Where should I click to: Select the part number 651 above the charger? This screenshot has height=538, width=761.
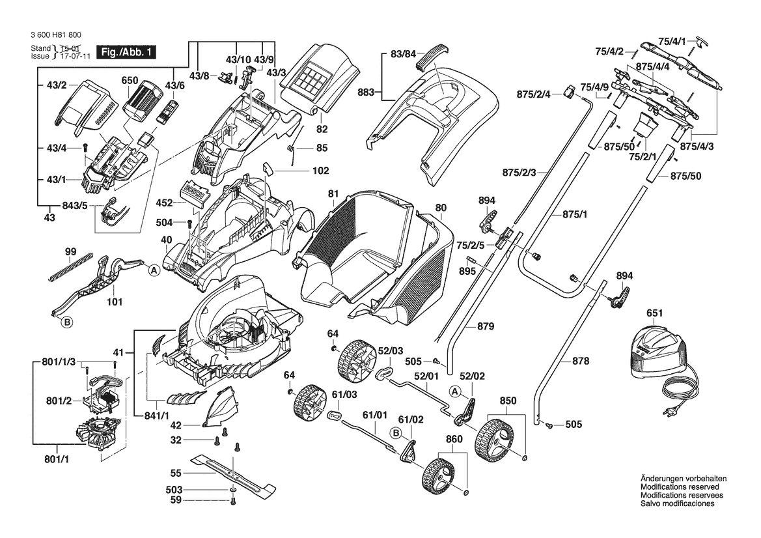(655, 313)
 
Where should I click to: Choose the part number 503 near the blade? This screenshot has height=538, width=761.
(174, 489)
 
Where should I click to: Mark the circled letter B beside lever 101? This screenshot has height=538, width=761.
(66, 321)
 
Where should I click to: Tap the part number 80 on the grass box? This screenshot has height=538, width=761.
(441, 208)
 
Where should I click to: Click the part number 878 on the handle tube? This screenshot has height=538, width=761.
(581, 361)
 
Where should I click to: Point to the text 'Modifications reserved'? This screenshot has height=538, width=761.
(680, 487)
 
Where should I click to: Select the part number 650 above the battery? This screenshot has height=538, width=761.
(130, 81)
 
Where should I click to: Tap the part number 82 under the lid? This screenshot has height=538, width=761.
(322, 130)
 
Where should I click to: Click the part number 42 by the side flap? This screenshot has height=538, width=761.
(175, 425)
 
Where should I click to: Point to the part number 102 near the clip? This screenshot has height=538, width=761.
(303, 173)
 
